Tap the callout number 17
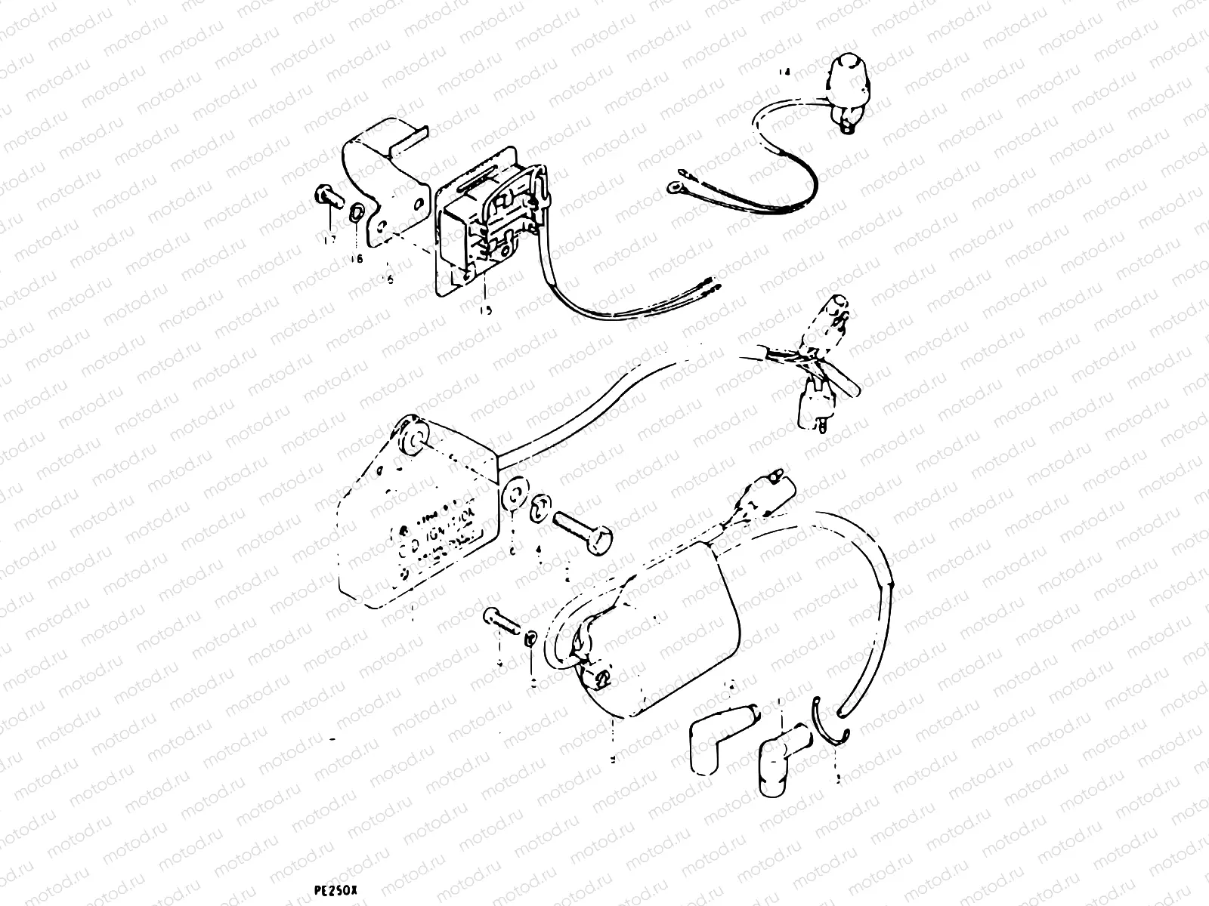point(329,241)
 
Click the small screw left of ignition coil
point(500,622)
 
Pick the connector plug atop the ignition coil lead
point(771,483)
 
